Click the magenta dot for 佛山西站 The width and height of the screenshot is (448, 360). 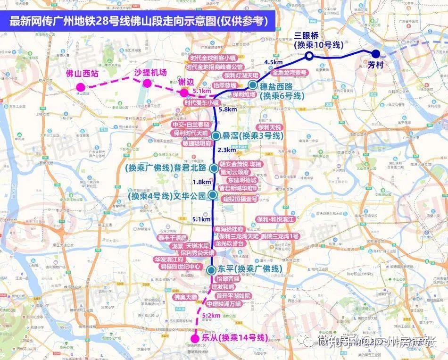[81, 87]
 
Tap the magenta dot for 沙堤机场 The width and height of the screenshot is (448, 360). [147, 84]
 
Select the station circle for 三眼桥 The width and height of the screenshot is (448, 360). [309, 56]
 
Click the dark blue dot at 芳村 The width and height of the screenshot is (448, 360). [376, 54]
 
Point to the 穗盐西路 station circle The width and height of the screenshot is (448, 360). [252, 85]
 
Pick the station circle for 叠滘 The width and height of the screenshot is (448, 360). [216, 136]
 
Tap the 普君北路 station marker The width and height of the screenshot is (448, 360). [214, 167]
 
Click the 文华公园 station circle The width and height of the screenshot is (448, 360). [213, 194]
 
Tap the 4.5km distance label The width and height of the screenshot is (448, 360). [274, 62]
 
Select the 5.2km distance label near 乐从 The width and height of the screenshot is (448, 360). [210, 315]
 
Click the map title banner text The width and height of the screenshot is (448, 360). [139, 21]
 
